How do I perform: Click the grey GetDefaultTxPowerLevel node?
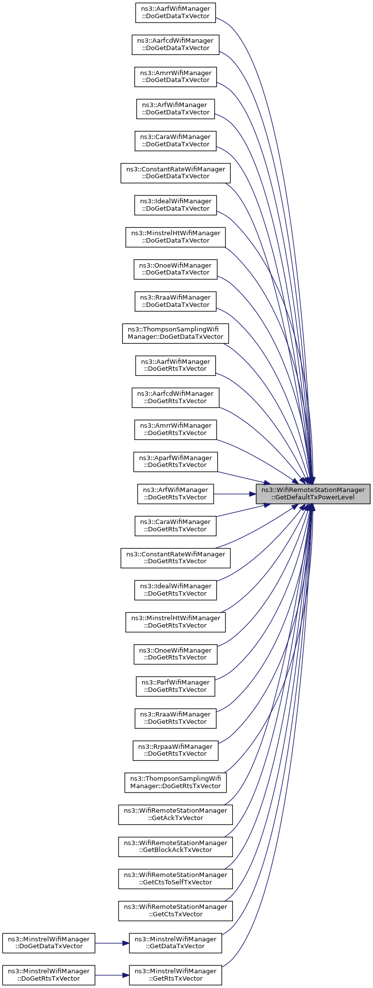pos(313,494)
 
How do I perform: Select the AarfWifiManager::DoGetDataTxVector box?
pos(175,12)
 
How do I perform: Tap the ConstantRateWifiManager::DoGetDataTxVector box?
pos(175,172)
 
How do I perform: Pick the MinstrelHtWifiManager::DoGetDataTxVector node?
pos(175,237)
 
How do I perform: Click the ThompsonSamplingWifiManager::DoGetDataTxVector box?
pos(175,333)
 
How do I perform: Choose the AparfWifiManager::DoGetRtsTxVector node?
pos(175,461)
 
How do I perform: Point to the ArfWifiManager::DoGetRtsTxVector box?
pos(175,494)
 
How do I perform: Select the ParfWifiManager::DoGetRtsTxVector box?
pos(175,686)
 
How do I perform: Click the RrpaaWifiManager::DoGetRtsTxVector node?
pos(175,750)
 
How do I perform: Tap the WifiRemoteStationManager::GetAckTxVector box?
pos(175,814)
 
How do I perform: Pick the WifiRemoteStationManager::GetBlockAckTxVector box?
pos(175,846)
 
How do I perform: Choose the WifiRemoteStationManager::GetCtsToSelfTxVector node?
pos(175,878)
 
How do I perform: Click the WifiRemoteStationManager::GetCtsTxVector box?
pos(175,910)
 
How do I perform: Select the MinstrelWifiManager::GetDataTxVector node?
pos(175,943)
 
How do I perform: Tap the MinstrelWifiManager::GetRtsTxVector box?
pos(175,975)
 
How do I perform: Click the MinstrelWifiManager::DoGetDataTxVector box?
pos(48,943)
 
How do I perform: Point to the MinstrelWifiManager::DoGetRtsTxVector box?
pos(48,975)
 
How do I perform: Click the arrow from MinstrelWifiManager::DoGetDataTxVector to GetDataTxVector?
pos(112,943)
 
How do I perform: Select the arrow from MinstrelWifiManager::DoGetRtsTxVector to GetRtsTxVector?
pos(112,975)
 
